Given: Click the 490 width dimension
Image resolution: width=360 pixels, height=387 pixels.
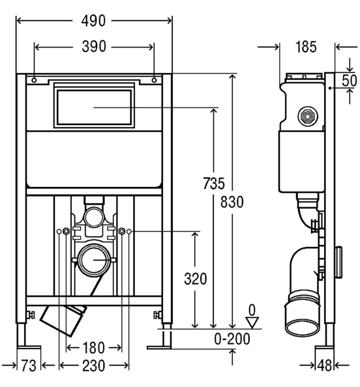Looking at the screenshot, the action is (x=93, y=21).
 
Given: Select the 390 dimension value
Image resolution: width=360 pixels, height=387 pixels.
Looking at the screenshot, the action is (x=94, y=47).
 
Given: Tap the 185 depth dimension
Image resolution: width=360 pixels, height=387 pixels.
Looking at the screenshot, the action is (x=306, y=47).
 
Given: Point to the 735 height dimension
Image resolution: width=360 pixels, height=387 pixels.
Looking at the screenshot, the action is (x=214, y=183).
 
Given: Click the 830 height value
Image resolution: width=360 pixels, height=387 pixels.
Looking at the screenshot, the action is (x=232, y=202).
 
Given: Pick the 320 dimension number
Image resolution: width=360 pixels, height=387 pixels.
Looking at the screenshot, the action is (x=196, y=279).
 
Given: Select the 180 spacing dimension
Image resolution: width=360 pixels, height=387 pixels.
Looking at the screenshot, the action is (x=94, y=348).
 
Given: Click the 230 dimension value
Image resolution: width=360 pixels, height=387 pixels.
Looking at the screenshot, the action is (x=94, y=365).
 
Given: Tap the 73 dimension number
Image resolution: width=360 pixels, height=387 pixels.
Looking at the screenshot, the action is (x=29, y=365).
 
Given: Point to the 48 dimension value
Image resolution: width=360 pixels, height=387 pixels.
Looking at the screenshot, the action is (x=324, y=365).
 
